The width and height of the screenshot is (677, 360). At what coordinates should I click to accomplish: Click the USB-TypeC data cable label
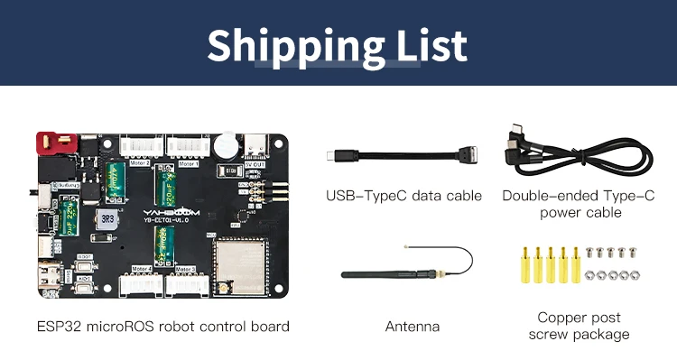click(403, 196)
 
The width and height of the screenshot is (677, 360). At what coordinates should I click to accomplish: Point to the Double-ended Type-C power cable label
click(580, 204)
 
